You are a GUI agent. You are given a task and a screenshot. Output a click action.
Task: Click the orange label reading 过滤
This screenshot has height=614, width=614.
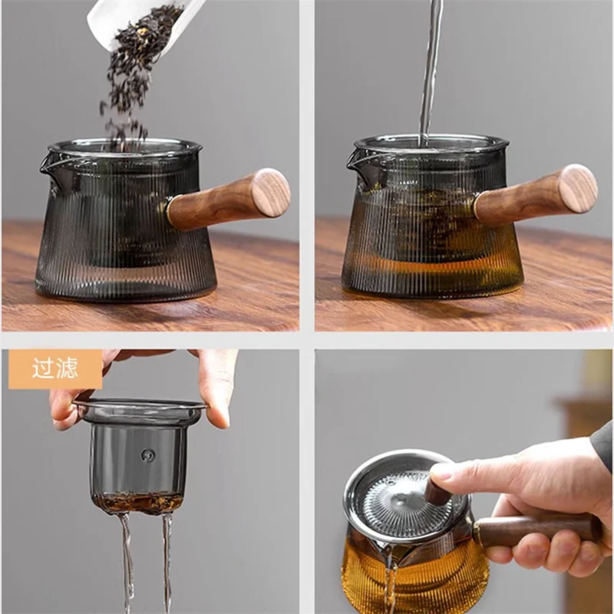tap(54, 369)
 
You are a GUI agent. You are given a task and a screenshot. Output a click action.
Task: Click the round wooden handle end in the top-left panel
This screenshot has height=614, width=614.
tap(271, 193)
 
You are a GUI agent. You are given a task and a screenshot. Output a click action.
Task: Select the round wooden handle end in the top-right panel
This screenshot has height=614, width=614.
tap(578, 189)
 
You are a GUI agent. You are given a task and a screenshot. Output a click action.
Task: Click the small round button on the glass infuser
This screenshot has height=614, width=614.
tap(147, 454)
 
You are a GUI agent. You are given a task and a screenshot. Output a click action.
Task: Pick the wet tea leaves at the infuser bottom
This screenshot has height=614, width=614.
tap(138, 503)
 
